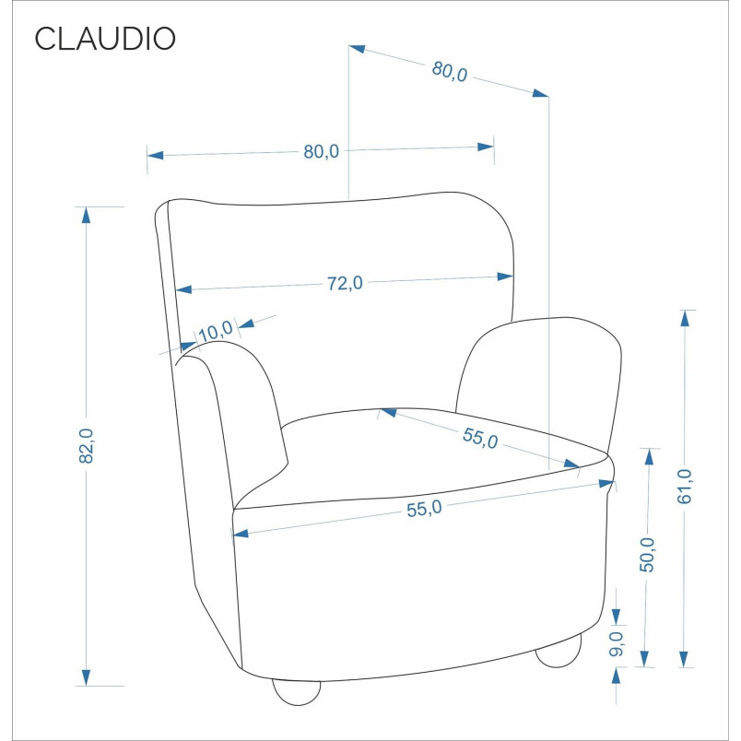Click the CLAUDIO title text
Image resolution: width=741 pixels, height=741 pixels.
pos(105,39)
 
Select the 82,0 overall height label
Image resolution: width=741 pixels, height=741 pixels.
pos(87,446)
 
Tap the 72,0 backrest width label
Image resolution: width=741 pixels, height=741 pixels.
pos(345,283)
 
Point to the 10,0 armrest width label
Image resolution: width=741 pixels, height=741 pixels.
pos(216,331)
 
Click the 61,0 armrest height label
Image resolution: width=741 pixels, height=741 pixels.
pos(684,487)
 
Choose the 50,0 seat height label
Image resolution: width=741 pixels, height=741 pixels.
pos(647,555)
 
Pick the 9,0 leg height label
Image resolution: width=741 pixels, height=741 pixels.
pos(617,643)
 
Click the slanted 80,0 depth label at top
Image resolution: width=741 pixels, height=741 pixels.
pos(450,72)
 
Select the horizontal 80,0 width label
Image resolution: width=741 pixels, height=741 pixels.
pos(322,152)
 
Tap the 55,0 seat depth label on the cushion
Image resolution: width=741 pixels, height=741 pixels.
pos(480,438)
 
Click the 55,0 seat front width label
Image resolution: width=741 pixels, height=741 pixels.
pos(424,509)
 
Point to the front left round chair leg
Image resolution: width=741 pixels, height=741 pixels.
pos(297,693)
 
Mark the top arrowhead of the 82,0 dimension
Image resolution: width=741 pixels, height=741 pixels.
pos(86,215)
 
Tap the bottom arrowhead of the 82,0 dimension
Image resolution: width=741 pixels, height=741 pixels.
pos(86,677)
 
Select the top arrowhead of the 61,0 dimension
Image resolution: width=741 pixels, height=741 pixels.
pos(684,318)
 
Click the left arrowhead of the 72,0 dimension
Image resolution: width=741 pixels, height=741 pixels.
pos(183,289)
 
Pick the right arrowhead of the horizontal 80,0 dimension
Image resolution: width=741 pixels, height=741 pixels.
pos(486,147)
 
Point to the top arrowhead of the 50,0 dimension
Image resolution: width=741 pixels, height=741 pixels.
pos(649,456)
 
